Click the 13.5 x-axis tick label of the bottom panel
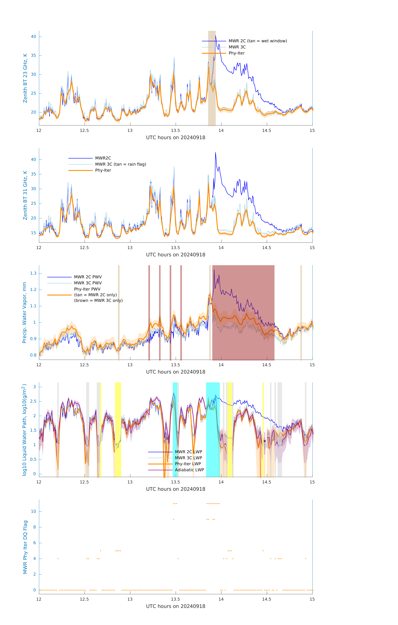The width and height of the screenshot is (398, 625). (x=176, y=599)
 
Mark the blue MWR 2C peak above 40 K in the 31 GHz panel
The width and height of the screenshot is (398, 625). (x=215, y=153)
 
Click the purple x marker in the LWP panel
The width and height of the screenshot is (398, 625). (x=265, y=441)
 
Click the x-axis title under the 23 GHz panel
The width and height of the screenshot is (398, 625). (x=176, y=138)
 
